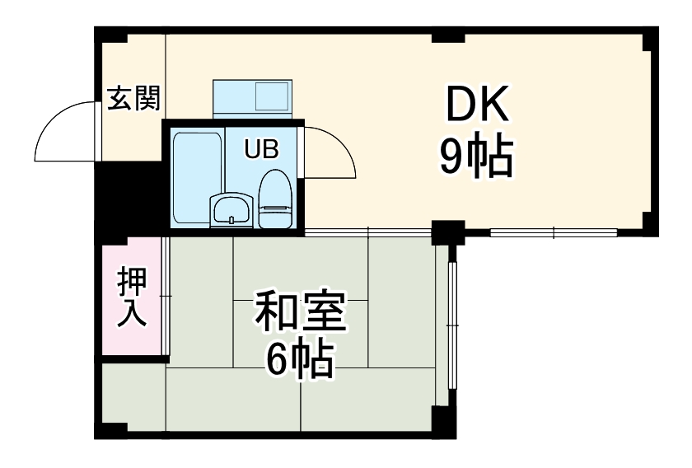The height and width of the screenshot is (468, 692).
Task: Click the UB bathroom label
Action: (x=261, y=149)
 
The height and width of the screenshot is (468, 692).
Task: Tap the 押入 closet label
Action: (x=132, y=297)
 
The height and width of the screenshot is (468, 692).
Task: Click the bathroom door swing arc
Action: (x=330, y=152)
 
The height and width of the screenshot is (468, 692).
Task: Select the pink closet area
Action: (x=132, y=297)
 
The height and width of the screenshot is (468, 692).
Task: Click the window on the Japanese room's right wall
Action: (x=451, y=325)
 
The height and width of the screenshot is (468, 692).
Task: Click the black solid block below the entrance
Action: (x=127, y=199)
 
